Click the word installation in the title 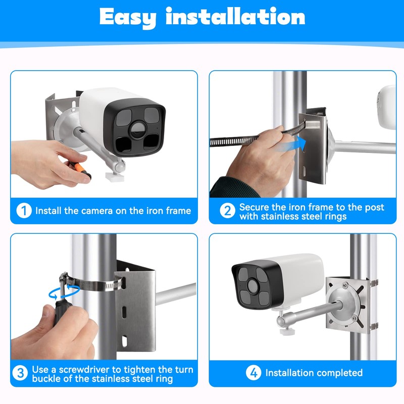click(x=235, y=16)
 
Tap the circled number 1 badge click(x=24, y=211)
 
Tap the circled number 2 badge click(x=228, y=211)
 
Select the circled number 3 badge click(x=20, y=373)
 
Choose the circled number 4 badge click(x=254, y=373)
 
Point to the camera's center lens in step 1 click(x=137, y=130)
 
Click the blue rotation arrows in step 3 click(x=64, y=292)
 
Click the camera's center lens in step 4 click(x=252, y=286)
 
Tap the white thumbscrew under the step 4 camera click(x=286, y=330)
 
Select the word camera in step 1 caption click(x=97, y=211)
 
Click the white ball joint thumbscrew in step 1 click(x=115, y=177)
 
